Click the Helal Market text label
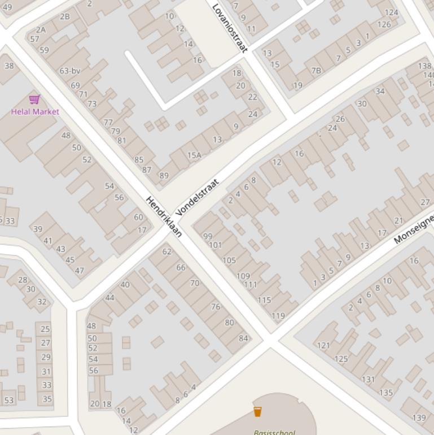(x=35, y=112)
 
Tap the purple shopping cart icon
(x=34, y=100)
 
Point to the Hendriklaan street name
(x=164, y=216)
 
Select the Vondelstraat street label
(x=197, y=198)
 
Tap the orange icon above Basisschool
(x=257, y=411)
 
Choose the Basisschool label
(x=274, y=432)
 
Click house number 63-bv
(x=70, y=71)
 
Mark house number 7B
(x=316, y=71)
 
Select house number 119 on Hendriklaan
(x=278, y=316)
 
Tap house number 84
(x=243, y=338)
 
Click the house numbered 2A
(x=41, y=30)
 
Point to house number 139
(x=419, y=418)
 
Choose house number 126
(x=384, y=24)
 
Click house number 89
(x=164, y=176)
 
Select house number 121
(x=323, y=345)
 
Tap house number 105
(x=229, y=260)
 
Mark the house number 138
(x=424, y=66)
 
